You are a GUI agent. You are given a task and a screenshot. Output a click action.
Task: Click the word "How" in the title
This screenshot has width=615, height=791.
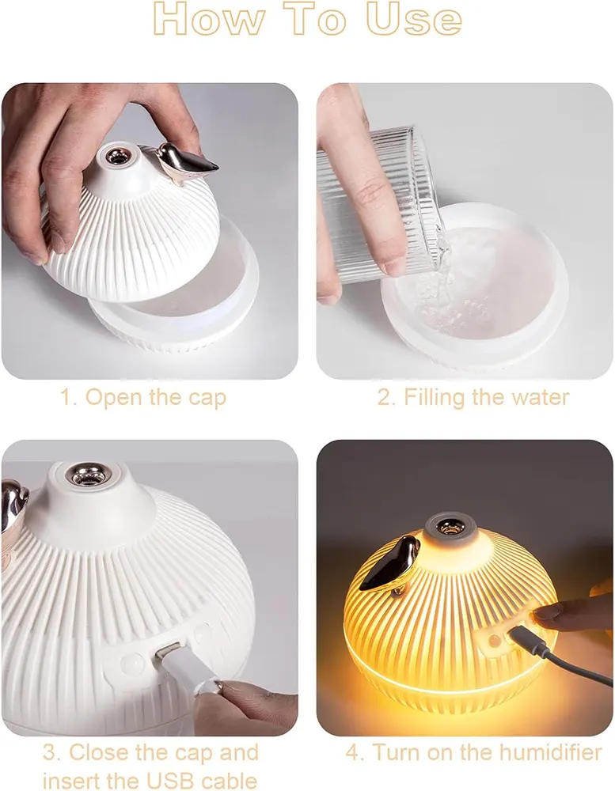(208, 19)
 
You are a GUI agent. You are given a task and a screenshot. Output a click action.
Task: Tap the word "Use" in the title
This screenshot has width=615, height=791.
(414, 19)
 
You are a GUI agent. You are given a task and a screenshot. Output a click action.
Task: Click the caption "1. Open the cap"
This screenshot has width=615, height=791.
(143, 398)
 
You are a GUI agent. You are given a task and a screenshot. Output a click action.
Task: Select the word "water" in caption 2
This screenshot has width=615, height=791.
(541, 397)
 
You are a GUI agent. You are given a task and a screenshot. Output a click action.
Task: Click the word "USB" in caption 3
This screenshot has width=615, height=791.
(169, 780)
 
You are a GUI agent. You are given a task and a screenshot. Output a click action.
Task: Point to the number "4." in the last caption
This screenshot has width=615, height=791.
(355, 753)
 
